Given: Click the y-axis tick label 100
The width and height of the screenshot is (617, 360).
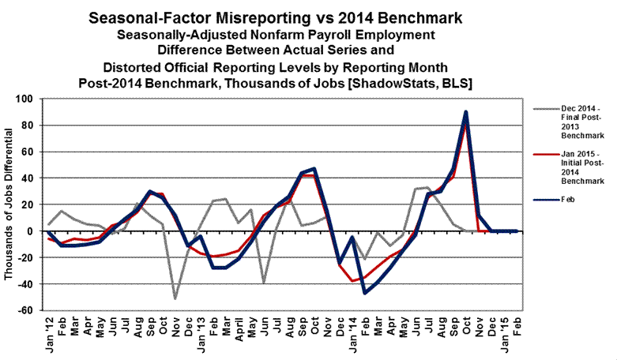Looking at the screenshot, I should (29, 99).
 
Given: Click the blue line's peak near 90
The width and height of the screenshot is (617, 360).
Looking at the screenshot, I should (466, 112).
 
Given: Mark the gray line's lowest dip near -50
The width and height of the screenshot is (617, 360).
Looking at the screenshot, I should (175, 298).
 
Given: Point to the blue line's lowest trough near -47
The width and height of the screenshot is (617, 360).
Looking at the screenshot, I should (365, 293).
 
